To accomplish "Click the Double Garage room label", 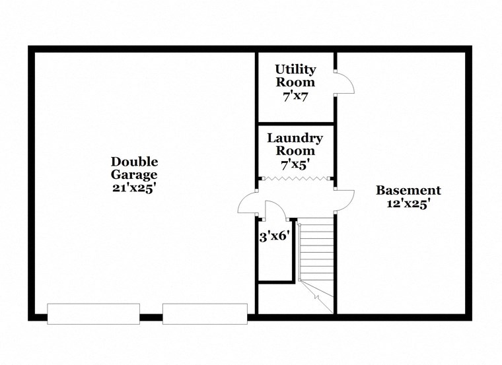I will (x=134, y=168).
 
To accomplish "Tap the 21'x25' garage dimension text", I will (x=134, y=187).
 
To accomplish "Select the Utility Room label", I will (x=295, y=76).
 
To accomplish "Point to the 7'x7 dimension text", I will (x=295, y=96).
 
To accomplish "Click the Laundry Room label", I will (x=295, y=145).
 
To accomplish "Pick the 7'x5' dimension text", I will (x=295, y=164).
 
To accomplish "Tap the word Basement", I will (x=408, y=191).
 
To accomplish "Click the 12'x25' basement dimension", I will (x=408, y=204).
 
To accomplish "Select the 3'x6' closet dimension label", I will (x=275, y=236).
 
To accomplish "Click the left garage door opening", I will (x=93, y=314).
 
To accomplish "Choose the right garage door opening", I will (x=205, y=314).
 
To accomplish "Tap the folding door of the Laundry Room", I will (x=295, y=179).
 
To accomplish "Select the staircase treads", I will (x=317, y=251).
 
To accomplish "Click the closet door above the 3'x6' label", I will (x=275, y=210).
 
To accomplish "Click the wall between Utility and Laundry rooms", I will (x=295, y=123).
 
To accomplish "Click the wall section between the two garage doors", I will (x=151, y=317).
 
